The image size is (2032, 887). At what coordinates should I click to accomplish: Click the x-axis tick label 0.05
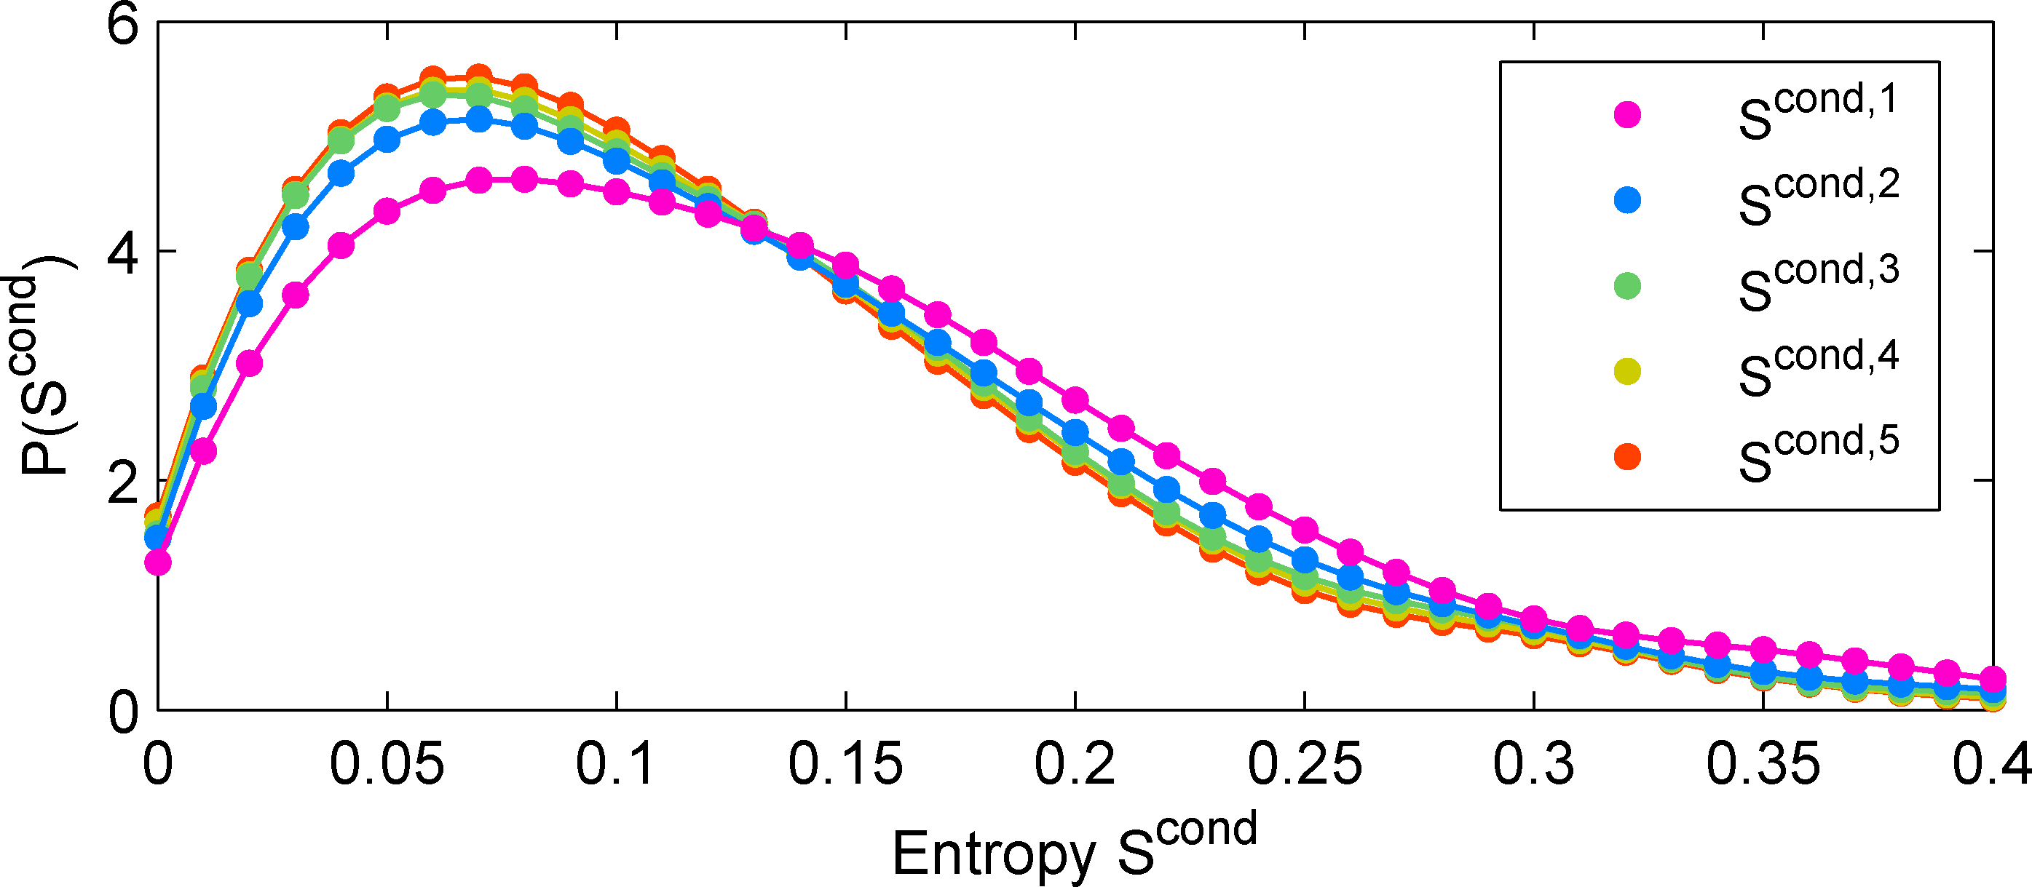point(387,764)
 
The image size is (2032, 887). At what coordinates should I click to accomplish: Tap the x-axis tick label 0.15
point(845,764)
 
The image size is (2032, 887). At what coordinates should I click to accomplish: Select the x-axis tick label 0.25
point(1305,764)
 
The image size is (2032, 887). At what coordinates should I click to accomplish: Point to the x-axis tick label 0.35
point(1763,764)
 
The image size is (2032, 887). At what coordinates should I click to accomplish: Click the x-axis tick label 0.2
point(1075,764)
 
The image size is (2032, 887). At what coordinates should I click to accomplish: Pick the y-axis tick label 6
point(123,25)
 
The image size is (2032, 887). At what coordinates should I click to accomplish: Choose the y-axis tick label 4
point(123,252)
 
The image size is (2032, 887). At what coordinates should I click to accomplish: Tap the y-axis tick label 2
point(123,482)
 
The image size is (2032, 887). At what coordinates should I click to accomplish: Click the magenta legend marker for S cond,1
point(1627,115)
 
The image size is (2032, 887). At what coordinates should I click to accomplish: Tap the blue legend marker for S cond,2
point(1627,200)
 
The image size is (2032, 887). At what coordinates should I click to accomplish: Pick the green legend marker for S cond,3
point(1627,285)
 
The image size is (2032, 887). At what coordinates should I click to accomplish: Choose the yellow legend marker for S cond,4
point(1627,371)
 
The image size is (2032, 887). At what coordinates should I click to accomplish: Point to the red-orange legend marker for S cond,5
point(1627,456)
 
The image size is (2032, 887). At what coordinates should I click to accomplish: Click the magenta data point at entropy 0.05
point(387,211)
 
